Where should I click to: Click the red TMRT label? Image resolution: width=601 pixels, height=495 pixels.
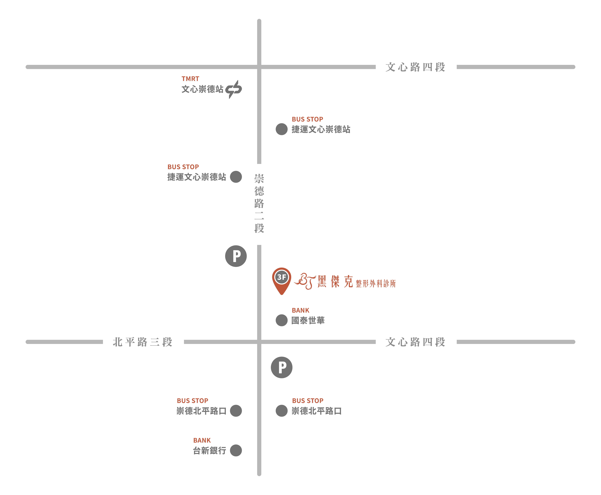pos(190,79)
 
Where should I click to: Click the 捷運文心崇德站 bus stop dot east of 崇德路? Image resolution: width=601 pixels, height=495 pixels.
pos(281,129)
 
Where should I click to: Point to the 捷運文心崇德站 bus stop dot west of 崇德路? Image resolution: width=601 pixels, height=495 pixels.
pos(236,177)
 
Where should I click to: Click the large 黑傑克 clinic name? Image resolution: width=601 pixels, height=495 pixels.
pos(335,282)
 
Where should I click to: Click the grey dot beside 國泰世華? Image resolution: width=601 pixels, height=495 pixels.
pos(281,320)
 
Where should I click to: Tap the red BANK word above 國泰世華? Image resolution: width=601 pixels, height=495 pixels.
pos(300,310)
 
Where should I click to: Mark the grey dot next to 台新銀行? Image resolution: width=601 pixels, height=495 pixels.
pos(236,451)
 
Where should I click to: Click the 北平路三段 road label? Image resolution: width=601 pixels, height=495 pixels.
pos(143,342)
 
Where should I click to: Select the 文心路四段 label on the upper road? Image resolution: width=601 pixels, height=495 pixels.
pos(415,67)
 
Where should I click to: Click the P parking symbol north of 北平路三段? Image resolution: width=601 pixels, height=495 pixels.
pos(236,256)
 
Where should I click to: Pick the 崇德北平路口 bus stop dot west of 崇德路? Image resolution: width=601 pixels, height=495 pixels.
pos(236,411)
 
